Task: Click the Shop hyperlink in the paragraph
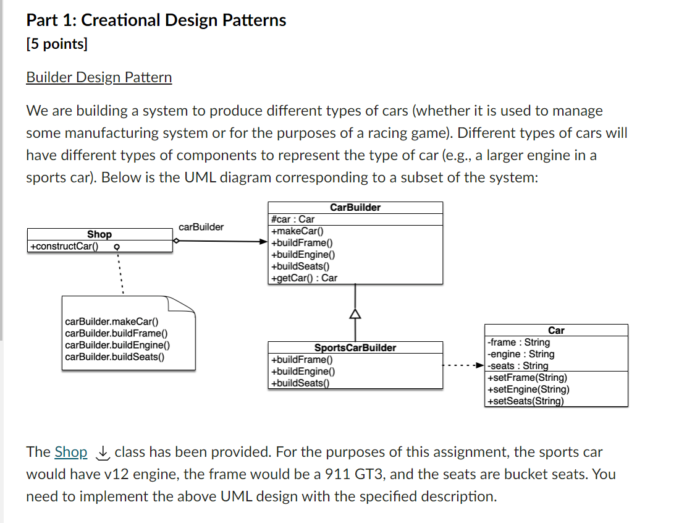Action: (71, 452)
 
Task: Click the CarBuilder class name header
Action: (355, 208)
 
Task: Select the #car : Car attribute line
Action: (293, 219)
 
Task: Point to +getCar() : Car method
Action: (305, 278)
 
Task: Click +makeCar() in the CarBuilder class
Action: (293, 231)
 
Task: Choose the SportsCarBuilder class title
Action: (355, 348)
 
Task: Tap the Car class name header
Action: (556, 331)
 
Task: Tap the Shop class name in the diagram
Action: (99, 234)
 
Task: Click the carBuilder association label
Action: (201, 227)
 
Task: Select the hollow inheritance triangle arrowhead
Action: (355, 314)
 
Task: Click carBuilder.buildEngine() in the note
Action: (117, 345)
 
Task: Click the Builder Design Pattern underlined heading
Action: (99, 77)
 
